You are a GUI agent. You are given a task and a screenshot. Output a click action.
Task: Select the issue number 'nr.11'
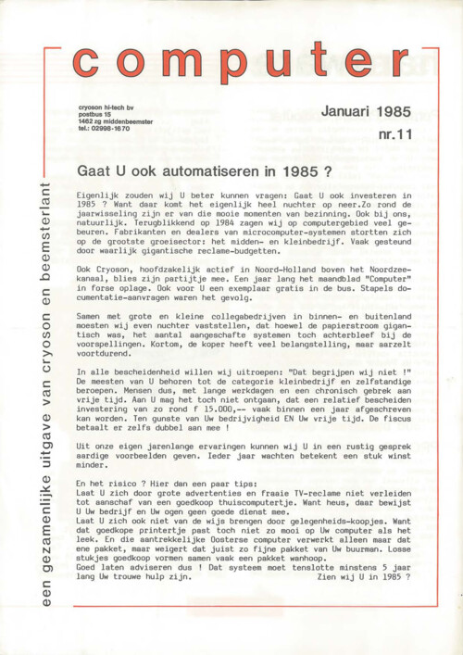tap(394, 135)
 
